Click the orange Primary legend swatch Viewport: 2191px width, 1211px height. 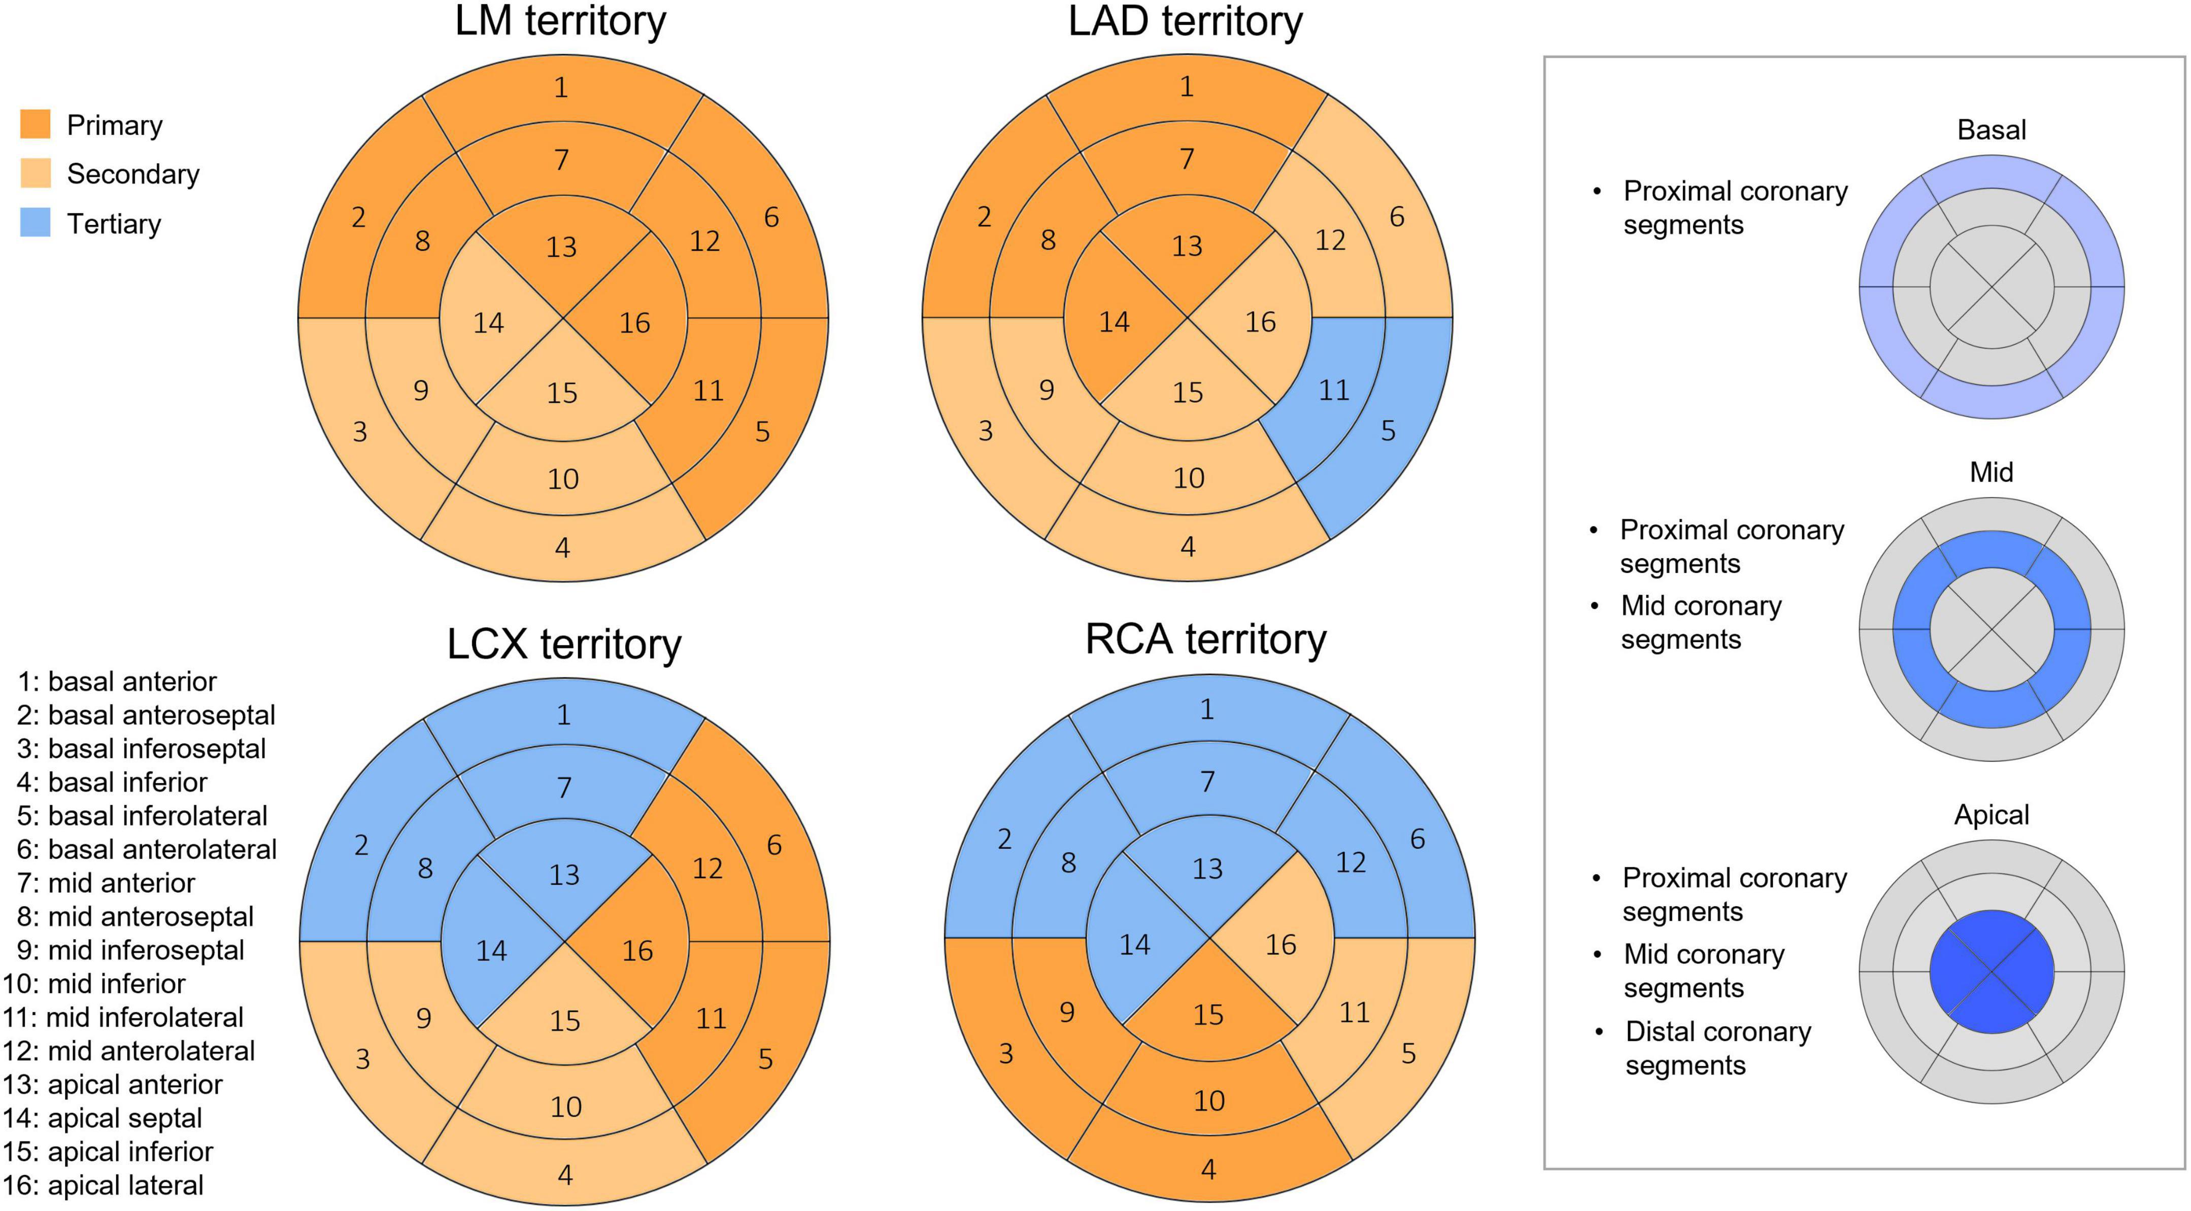35,124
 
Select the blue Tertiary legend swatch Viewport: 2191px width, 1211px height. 35,223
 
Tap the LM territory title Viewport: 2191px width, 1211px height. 560,21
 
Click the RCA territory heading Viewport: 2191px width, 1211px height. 1205,640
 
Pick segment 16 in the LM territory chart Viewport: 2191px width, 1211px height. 634,323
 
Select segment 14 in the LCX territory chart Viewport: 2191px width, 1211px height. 491,950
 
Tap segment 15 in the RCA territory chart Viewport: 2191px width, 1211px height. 1208,1015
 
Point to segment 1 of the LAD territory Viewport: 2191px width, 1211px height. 1187,87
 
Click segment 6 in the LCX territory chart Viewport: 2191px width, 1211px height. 773,845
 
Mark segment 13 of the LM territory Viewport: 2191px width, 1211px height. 561,247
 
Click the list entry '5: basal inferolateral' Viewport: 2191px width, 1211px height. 142,816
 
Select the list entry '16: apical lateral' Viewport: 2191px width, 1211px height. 103,1185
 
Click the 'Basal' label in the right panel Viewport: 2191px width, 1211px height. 1991,130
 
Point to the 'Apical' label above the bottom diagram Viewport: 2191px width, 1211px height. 1991,815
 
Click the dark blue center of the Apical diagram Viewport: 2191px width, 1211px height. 1991,972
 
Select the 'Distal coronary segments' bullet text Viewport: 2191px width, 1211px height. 1717,1048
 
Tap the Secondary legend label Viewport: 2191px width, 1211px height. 132,175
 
